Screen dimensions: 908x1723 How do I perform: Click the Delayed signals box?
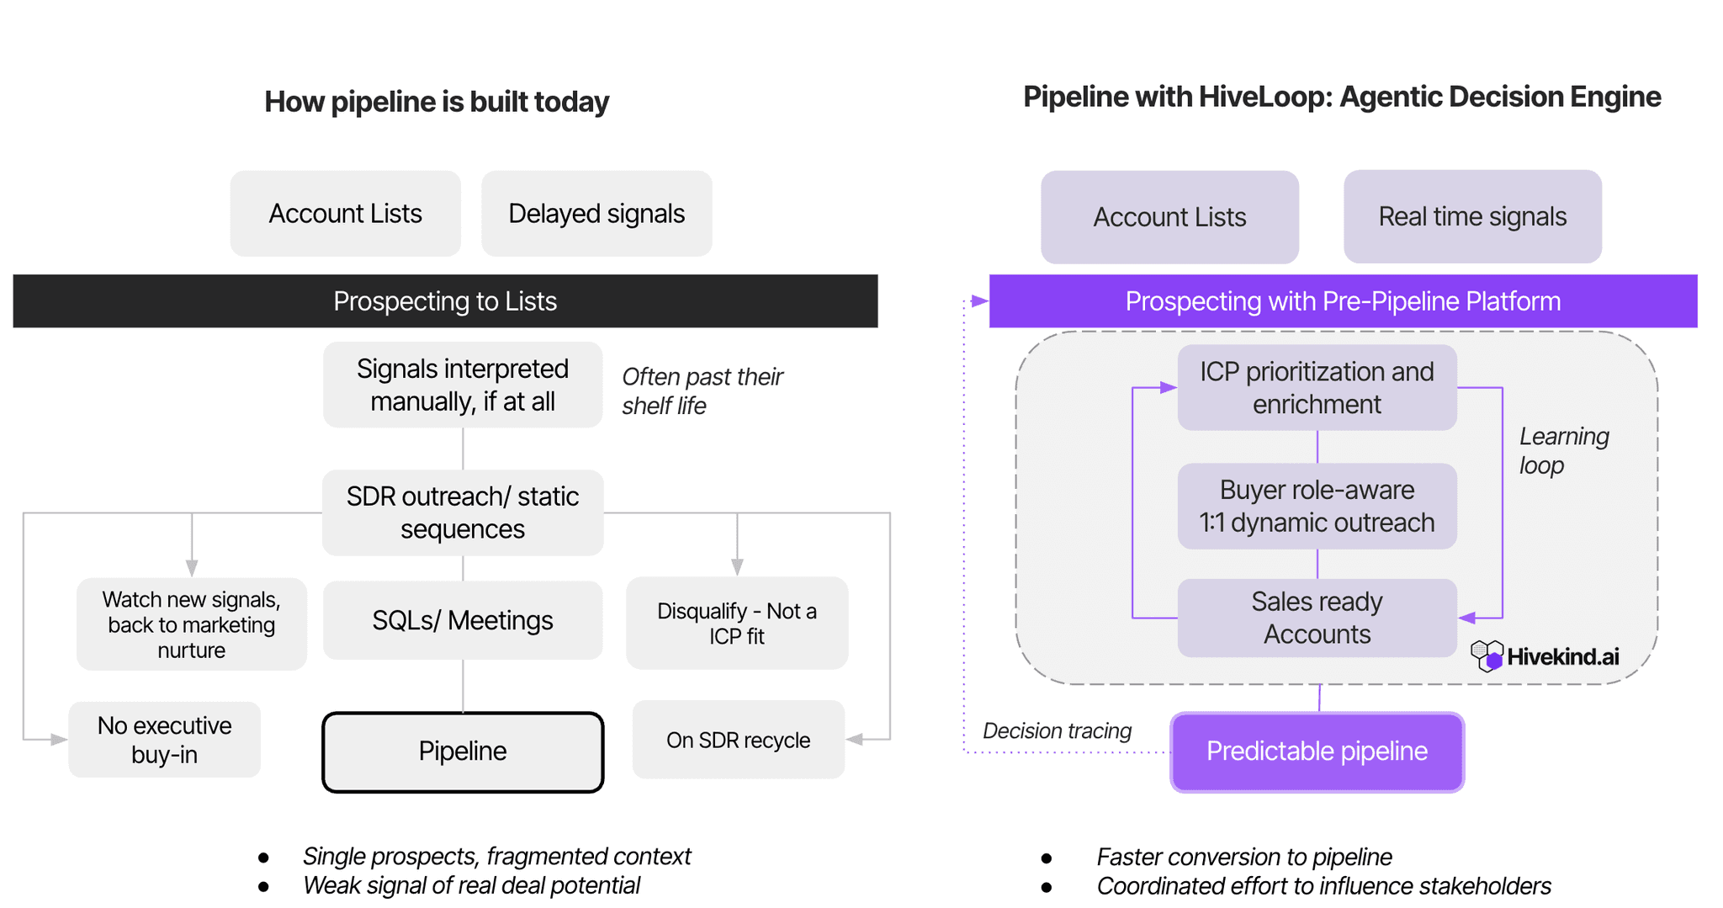596,214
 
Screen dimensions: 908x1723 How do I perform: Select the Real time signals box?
1472,217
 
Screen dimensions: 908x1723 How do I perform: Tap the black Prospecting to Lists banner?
445,301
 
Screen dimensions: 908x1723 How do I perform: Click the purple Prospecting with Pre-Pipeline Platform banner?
1343,301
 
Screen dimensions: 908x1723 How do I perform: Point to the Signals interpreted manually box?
463,385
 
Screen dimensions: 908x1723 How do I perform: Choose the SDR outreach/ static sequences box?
463,512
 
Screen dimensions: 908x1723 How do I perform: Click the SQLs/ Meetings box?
463,621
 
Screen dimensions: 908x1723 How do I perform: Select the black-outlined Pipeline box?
463,751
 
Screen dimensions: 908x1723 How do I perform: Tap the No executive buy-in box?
165,740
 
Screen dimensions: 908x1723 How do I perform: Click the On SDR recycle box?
738,741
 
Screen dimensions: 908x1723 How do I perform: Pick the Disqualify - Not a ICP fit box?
737,624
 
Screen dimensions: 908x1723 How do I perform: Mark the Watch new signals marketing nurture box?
192,624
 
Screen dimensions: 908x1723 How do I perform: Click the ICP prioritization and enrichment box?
1317,388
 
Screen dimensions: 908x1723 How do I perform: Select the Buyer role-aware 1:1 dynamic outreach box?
1317,507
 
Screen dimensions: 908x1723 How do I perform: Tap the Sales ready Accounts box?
1317,619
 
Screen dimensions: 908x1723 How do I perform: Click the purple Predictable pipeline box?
1317,751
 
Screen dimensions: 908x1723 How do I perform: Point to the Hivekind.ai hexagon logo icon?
1487,656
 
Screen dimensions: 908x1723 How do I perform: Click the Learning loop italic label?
1563,451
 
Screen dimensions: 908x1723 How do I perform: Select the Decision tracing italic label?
1057,731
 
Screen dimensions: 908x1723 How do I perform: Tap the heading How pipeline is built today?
436,102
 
